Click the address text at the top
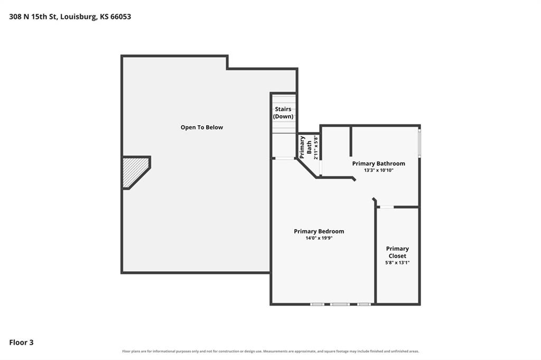pyautogui.click(x=70, y=16)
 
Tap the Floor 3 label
pyautogui.click(x=21, y=343)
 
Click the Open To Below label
pyautogui.click(x=202, y=127)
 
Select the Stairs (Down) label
pyautogui.click(x=283, y=113)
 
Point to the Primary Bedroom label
pyautogui.click(x=319, y=231)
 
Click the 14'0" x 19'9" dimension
pyautogui.click(x=319, y=238)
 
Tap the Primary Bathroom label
pyautogui.click(x=378, y=164)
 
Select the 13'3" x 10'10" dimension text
pyautogui.click(x=378, y=170)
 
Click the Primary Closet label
pyautogui.click(x=397, y=252)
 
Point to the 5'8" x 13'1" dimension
pyautogui.click(x=397, y=263)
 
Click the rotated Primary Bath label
pyautogui.click(x=306, y=147)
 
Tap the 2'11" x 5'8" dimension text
pyautogui.click(x=316, y=147)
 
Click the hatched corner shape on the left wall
pyautogui.click(x=135, y=173)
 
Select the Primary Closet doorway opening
pyautogui.click(x=386, y=207)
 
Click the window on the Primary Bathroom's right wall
pyautogui.click(x=419, y=143)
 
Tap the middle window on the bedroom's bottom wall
pyautogui.click(x=340, y=305)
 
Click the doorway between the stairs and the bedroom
pyautogui.click(x=285, y=158)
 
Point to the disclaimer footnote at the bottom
pyautogui.click(x=270, y=352)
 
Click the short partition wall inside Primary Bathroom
pyautogui.click(x=351, y=141)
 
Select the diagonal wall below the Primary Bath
pyautogui.click(x=306, y=168)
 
